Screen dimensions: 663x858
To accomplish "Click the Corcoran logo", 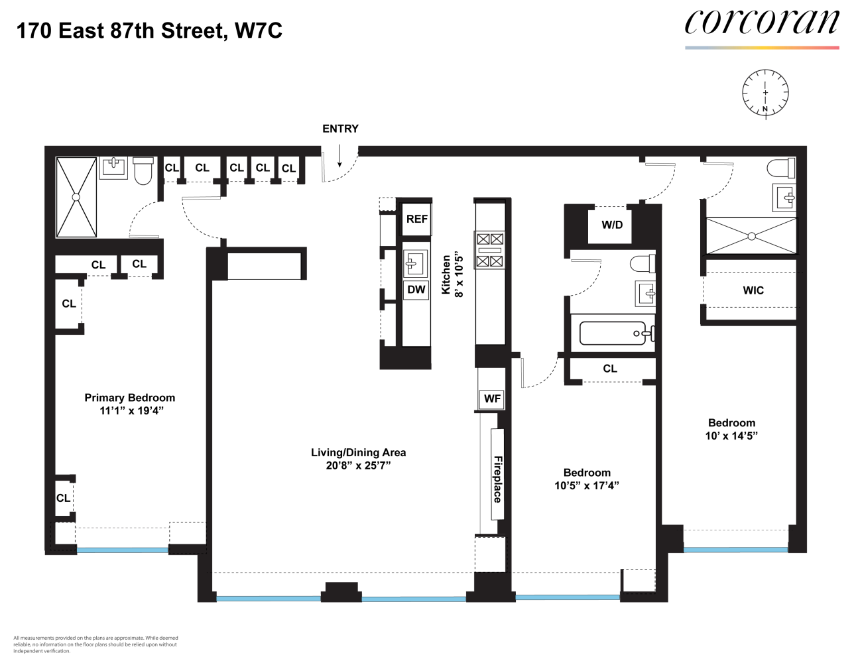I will point(762,24).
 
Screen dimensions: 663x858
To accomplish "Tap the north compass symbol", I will point(765,92).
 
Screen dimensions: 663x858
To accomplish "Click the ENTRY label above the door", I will point(340,129).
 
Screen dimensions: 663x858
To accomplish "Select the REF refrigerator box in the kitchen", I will point(416,219).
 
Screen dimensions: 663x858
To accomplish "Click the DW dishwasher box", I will point(416,290).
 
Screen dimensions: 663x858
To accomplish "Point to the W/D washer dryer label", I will point(612,225).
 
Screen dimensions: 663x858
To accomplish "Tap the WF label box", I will point(492,398).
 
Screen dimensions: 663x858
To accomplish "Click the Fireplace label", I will point(497,479).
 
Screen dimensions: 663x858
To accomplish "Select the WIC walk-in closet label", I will point(753,290).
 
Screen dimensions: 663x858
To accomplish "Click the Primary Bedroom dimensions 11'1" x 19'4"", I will point(131,411).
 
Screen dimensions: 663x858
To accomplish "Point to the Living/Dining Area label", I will point(358,453).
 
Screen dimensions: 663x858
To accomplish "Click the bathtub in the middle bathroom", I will point(613,333).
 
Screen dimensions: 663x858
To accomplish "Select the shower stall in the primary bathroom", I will point(76,197).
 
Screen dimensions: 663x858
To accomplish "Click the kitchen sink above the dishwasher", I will point(415,263).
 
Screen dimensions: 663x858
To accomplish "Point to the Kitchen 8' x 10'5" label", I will point(452,275).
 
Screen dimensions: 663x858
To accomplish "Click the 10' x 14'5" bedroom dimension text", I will point(731,436).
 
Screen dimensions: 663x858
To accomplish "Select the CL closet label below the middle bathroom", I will point(610,369).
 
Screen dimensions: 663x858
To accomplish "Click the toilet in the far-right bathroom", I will point(781,168).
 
